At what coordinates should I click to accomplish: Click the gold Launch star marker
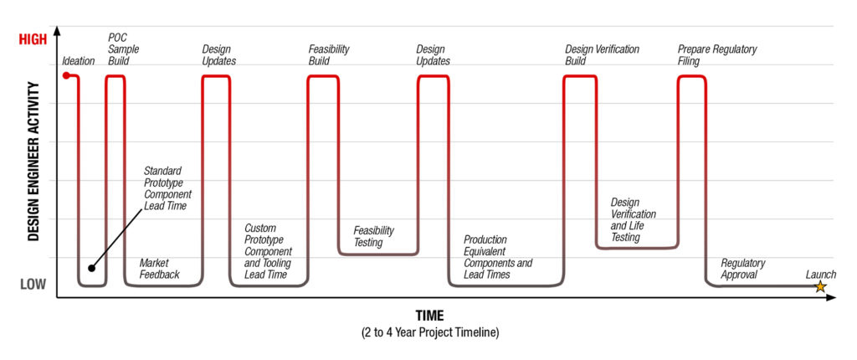click(x=820, y=286)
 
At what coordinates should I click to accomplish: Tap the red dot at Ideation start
click(x=66, y=76)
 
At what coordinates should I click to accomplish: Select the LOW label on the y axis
click(x=33, y=285)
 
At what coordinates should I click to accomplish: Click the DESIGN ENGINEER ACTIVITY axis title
click(x=33, y=162)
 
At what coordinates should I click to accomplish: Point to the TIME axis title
click(x=429, y=316)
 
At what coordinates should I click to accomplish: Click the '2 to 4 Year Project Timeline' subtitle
click(x=429, y=333)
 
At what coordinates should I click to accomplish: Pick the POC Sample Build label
click(x=123, y=49)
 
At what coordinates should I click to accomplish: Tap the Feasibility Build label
click(x=329, y=55)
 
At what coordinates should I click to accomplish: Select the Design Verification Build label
click(x=601, y=55)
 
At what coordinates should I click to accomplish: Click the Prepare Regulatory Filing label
click(x=717, y=55)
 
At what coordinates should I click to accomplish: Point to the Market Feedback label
click(x=159, y=269)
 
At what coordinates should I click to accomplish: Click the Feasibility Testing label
click(x=373, y=236)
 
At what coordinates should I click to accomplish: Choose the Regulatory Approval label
click(x=743, y=269)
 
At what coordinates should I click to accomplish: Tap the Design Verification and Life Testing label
click(x=634, y=220)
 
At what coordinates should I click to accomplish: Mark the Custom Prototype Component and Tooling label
click(x=268, y=251)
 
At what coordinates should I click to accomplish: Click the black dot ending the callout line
click(x=92, y=269)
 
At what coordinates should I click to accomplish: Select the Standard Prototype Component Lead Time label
click(x=167, y=188)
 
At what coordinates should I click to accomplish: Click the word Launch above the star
click(x=820, y=274)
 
